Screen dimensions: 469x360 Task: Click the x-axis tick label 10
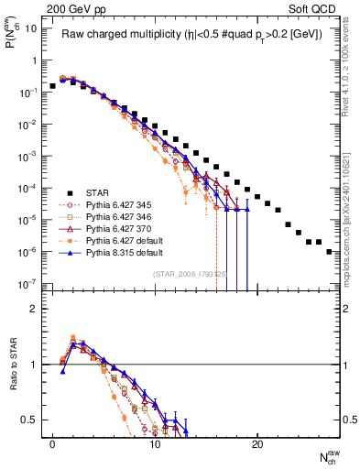point(155,443)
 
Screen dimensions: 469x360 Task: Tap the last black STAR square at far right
point(329,251)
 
